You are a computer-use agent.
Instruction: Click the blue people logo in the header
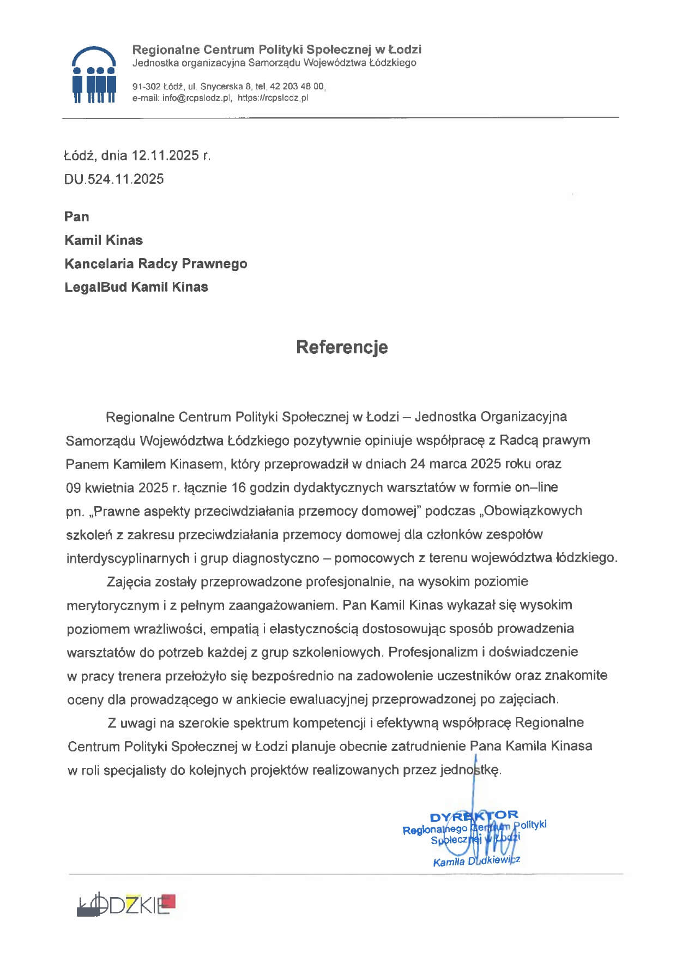(x=94, y=75)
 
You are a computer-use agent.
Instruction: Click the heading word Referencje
(x=342, y=347)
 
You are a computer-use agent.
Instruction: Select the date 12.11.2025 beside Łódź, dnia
(x=165, y=155)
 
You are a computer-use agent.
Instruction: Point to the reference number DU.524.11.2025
(x=114, y=179)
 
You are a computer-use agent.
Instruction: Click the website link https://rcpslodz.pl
(x=273, y=98)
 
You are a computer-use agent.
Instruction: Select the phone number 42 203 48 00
(x=297, y=87)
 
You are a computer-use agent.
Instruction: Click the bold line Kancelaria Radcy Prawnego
(x=155, y=264)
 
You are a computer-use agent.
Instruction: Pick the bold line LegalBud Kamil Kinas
(x=136, y=287)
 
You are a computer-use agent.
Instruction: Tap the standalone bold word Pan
(x=76, y=216)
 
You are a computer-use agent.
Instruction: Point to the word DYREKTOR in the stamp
(x=474, y=816)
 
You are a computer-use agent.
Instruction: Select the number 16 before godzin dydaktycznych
(x=239, y=487)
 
